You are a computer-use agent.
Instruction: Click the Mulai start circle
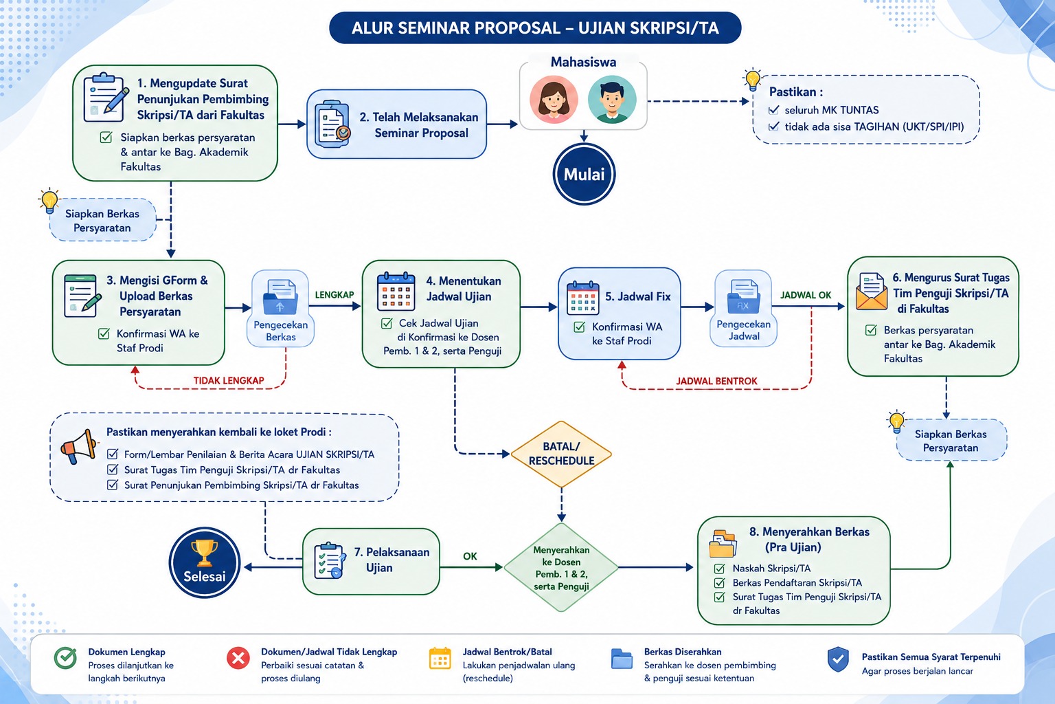click(584, 174)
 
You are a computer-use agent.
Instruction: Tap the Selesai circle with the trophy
click(205, 562)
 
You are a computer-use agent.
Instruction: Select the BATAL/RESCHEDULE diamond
click(561, 454)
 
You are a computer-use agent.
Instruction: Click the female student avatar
click(554, 100)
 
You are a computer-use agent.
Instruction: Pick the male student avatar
click(612, 100)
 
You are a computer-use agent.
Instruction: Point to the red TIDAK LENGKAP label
click(229, 380)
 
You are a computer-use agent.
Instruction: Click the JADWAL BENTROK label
click(716, 381)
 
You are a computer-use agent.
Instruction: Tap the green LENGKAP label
click(334, 295)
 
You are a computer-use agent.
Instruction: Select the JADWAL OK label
click(806, 295)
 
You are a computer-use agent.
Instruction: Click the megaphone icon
click(79, 446)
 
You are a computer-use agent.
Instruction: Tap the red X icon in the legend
click(238, 658)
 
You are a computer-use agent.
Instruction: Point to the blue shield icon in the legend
click(838, 659)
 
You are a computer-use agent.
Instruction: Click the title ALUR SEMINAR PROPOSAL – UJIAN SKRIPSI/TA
click(535, 27)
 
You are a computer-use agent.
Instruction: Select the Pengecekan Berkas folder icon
click(280, 296)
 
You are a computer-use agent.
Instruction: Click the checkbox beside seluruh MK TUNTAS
click(773, 110)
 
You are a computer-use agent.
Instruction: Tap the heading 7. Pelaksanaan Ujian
click(392, 560)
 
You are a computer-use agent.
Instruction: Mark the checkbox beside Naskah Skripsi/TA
click(719, 568)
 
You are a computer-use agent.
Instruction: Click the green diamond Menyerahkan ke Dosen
click(561, 568)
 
